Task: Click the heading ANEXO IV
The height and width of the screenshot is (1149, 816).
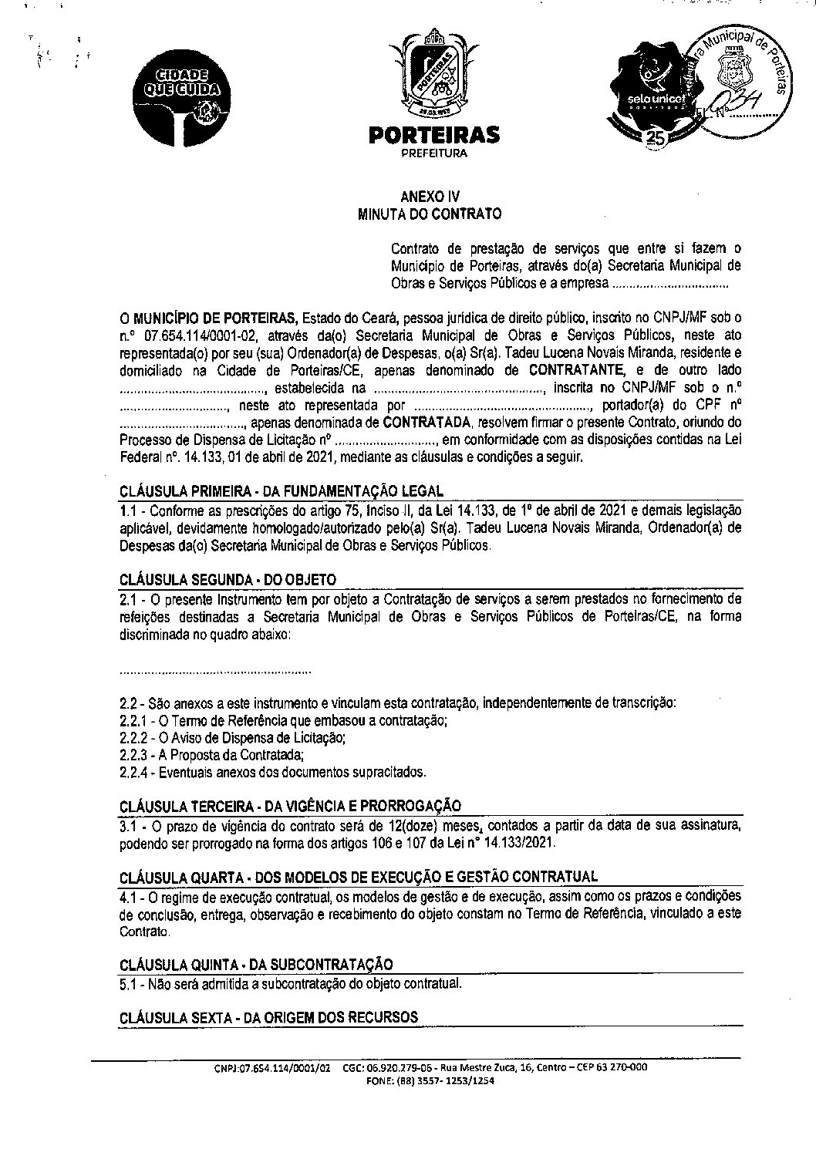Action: [430, 197]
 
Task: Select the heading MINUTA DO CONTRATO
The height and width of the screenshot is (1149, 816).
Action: [430, 214]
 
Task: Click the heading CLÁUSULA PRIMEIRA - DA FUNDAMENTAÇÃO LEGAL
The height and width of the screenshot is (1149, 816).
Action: [282, 491]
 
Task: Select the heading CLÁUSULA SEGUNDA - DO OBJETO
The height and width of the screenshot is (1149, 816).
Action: [228, 579]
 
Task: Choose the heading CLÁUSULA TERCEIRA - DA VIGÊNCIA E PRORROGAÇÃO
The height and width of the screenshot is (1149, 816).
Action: [291, 806]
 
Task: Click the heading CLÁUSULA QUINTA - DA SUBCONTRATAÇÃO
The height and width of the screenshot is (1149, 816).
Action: [256, 964]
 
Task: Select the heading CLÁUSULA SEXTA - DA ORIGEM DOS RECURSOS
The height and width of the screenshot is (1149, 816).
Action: [268, 1017]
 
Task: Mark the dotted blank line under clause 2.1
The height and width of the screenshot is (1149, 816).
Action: [216, 671]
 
